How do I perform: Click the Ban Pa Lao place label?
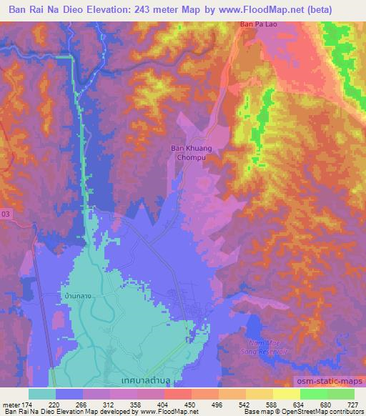256,26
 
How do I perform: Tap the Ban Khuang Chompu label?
190,153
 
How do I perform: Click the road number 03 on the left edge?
6,213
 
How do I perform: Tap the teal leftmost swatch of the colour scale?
42,394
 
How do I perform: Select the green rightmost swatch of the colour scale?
341,394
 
